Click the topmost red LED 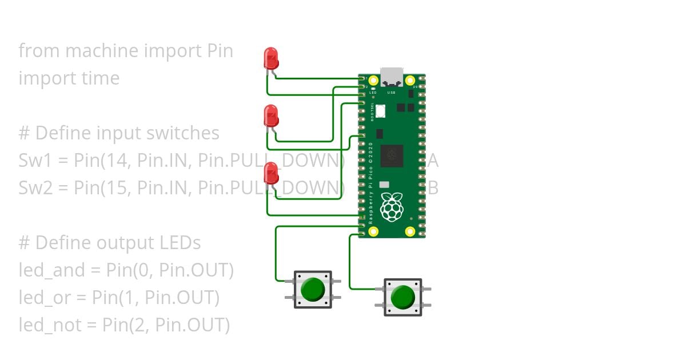pyautogui.click(x=271, y=58)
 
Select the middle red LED pyautogui.click(x=271, y=116)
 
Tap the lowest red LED pyautogui.click(x=271, y=173)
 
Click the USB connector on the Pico pyautogui.click(x=392, y=77)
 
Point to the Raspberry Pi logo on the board pyautogui.click(x=392, y=207)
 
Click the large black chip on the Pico pyautogui.click(x=392, y=156)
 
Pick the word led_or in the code pyautogui.click(x=44, y=298)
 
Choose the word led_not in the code pyautogui.click(x=48, y=325)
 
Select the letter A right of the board pyautogui.click(x=433, y=161)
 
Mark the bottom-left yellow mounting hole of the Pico pyautogui.click(x=374, y=231)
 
